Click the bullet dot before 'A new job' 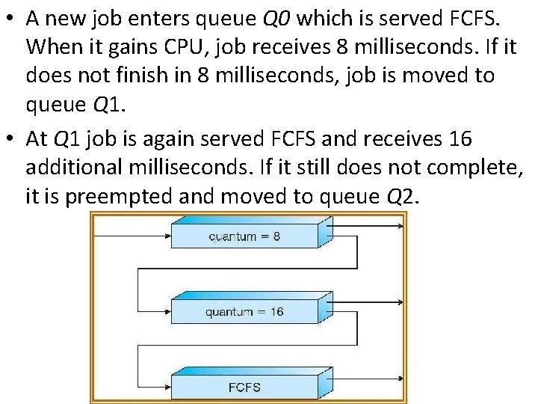tap(10, 19)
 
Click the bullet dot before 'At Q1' tap(10, 138)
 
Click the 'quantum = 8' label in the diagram tap(244, 236)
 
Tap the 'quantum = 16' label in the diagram tap(244, 311)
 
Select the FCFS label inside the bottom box tap(244, 387)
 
